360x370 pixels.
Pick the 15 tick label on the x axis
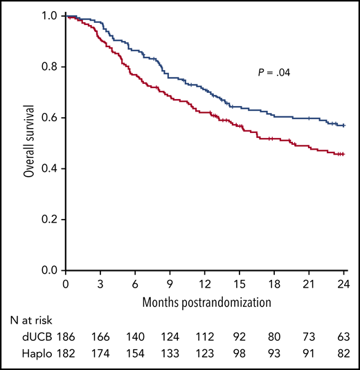coord(239,283)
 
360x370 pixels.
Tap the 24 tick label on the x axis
coord(344,283)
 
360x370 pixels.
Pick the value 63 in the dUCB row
coord(343,339)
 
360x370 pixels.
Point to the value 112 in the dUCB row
coord(204,339)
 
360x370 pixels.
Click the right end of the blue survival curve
coord(344,125)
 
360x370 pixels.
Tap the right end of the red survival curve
coord(344,154)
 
